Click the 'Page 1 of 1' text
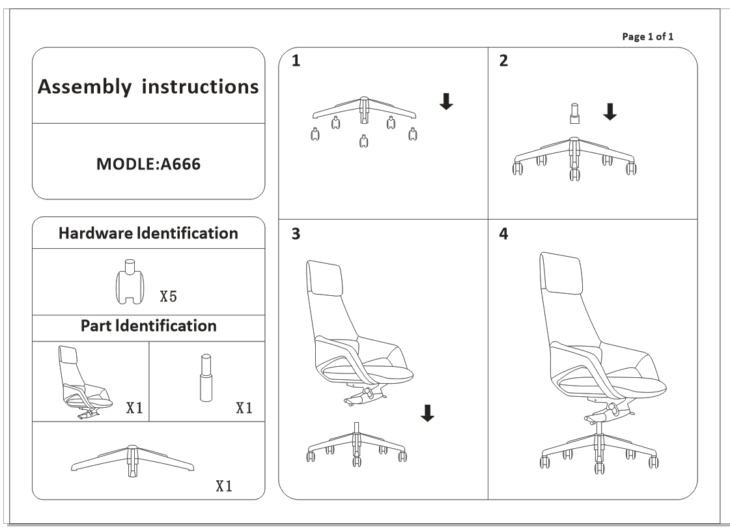tap(648, 36)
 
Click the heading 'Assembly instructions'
tap(148, 87)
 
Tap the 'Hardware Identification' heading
tap(148, 233)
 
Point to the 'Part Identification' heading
tap(148, 325)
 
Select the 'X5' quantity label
tap(168, 297)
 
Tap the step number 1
tap(296, 61)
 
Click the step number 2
tap(503, 61)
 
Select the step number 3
tap(296, 235)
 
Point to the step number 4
tap(503, 235)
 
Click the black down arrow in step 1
tap(446, 101)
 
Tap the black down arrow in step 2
tap(610, 112)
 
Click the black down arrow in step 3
tap(427, 412)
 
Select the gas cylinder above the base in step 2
tap(573, 113)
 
